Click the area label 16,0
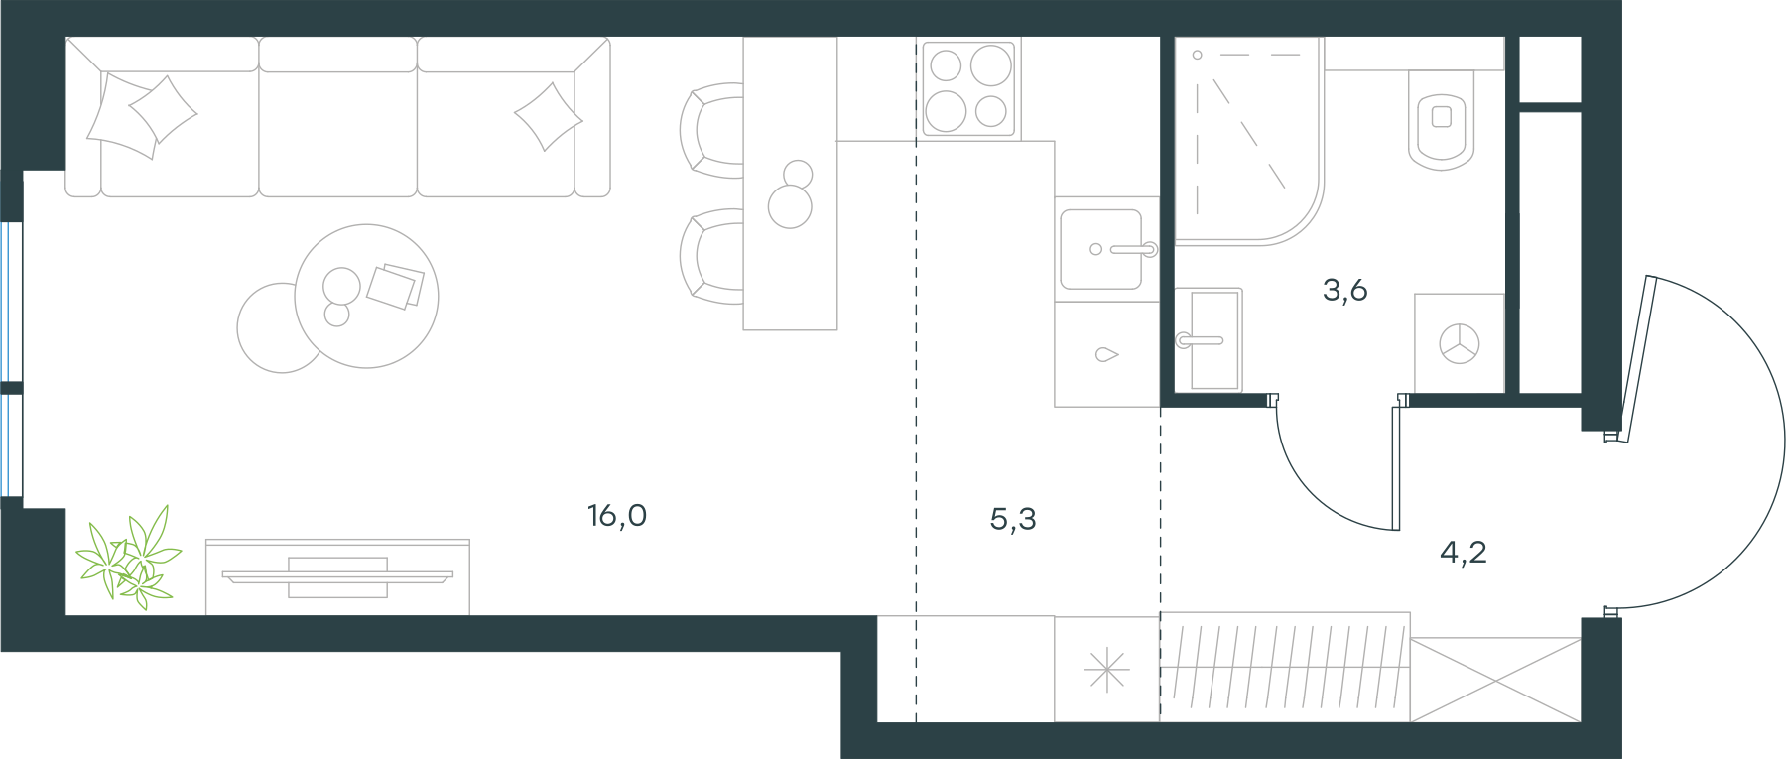[617, 516]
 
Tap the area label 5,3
[1013, 519]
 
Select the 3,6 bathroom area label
[1345, 290]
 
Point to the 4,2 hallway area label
[1464, 552]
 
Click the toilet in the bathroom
[1442, 120]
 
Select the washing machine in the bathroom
[1460, 343]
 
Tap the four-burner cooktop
[968, 88]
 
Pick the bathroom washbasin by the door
[1209, 340]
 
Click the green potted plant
[130, 558]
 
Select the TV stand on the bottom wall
[337, 577]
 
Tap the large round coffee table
[367, 297]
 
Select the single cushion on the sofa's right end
[548, 117]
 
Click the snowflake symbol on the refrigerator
[1106, 670]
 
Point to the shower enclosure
[1249, 141]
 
